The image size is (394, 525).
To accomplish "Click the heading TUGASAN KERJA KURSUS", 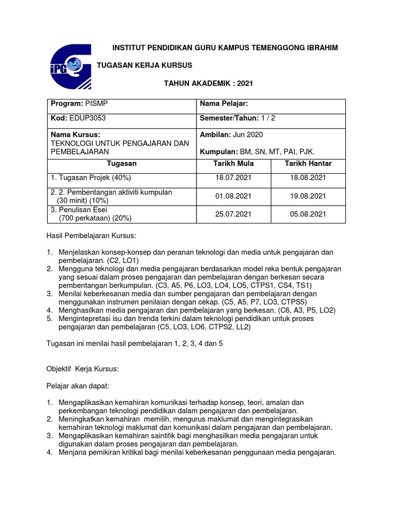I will (x=145, y=65).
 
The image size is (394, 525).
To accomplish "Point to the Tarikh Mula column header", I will (x=233, y=164).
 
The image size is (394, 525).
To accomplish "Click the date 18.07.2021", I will (x=233, y=178).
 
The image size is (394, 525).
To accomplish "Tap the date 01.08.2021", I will (x=233, y=196).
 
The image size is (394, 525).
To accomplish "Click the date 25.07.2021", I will (x=233, y=214).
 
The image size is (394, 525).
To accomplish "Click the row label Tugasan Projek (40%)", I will (x=91, y=178).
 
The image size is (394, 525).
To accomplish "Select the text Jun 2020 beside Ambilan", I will (x=248, y=134).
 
